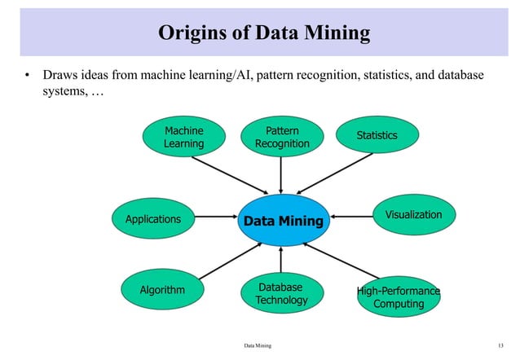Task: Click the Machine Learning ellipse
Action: click(x=183, y=137)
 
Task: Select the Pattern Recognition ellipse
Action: click(x=282, y=137)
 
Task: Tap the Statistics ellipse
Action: click(x=377, y=135)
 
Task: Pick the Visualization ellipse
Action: click(x=412, y=215)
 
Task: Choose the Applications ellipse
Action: click(x=153, y=219)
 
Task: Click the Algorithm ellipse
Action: click(x=162, y=290)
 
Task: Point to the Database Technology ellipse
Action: click(x=281, y=294)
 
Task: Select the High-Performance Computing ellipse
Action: click(x=399, y=297)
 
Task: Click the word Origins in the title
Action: click(x=188, y=33)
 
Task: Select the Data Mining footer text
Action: click(x=258, y=346)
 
